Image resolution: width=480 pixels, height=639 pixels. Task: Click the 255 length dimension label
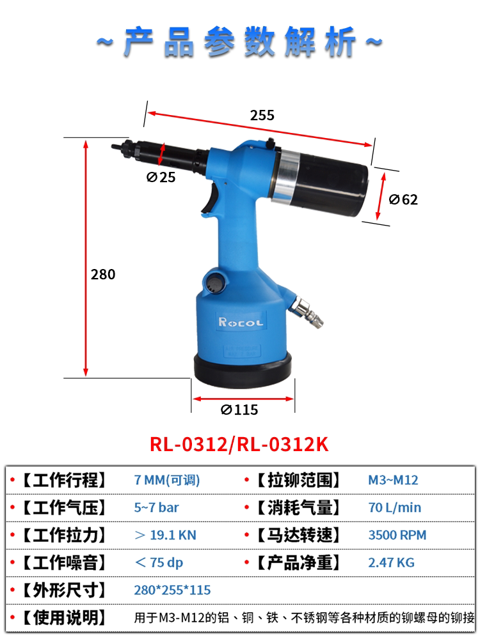[262, 115]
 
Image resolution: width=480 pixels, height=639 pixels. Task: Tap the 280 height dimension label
[103, 274]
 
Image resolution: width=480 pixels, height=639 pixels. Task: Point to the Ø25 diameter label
[161, 177]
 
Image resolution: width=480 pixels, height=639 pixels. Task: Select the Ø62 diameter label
[403, 199]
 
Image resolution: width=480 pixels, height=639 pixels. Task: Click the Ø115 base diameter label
[239, 410]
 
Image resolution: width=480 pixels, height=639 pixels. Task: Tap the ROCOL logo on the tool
[241, 322]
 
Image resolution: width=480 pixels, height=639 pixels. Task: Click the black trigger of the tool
[210, 197]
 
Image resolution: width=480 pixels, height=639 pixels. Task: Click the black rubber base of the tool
[243, 370]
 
